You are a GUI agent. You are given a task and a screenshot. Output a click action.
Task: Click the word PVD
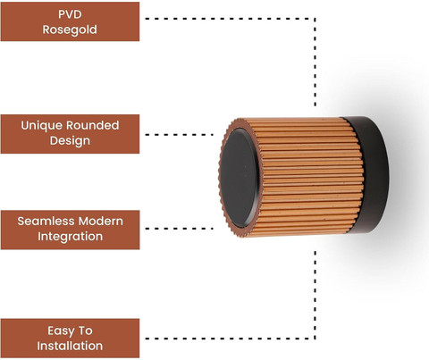click(x=70, y=14)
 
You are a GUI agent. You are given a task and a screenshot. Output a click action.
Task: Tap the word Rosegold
click(x=70, y=29)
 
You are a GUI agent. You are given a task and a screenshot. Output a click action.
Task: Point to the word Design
click(x=70, y=141)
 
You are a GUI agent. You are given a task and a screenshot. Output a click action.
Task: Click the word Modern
click(x=101, y=222)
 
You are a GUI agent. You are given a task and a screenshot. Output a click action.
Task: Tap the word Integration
click(x=70, y=237)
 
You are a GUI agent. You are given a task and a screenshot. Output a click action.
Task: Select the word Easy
click(x=61, y=331)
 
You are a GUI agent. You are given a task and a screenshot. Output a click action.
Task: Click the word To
click(x=85, y=331)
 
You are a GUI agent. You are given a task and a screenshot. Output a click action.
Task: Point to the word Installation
click(x=70, y=346)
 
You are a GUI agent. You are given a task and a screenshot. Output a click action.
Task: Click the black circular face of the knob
click(x=240, y=178)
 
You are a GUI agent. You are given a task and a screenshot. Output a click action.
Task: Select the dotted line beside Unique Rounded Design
click(x=180, y=135)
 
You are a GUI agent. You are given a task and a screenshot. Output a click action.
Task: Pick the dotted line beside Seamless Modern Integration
click(x=180, y=229)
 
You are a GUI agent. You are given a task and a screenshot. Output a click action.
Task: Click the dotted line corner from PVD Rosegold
click(x=315, y=19)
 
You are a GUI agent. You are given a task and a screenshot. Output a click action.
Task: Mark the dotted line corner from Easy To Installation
click(x=315, y=339)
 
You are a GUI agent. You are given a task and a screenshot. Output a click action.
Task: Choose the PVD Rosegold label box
click(x=70, y=21)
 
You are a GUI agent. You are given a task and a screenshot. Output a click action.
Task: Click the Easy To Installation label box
click(x=70, y=339)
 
